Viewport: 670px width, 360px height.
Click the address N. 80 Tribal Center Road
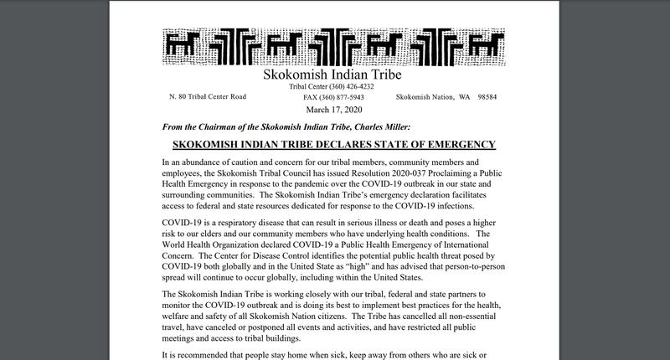click(x=208, y=98)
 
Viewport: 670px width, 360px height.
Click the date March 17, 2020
click(x=334, y=110)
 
